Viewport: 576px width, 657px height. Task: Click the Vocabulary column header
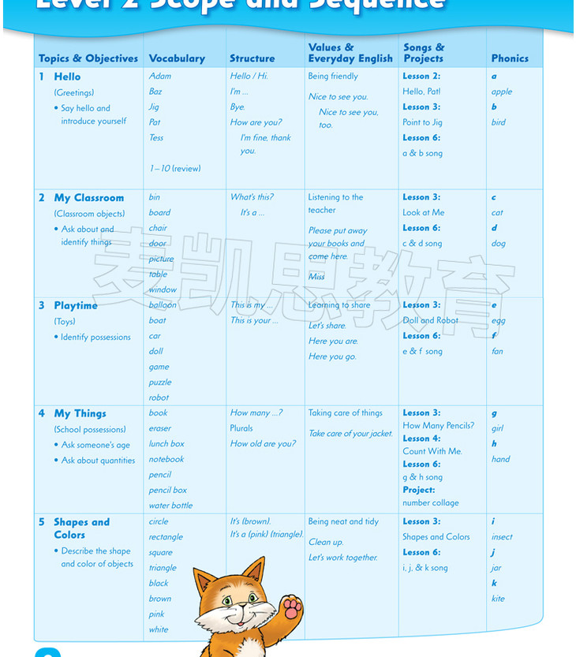177,58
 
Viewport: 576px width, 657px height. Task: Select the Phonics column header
510,58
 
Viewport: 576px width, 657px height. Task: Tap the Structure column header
252,58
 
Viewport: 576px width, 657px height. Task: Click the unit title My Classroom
88,198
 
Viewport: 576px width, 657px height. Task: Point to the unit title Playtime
76,305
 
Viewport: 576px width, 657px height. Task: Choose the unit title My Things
80,413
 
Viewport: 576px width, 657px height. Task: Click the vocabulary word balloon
163,305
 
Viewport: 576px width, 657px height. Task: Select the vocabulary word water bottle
170,506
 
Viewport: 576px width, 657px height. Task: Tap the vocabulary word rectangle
166,537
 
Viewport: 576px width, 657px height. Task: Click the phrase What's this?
252,197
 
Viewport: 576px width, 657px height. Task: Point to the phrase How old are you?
263,444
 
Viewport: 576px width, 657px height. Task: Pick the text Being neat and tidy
343,521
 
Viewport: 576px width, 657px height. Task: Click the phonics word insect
502,537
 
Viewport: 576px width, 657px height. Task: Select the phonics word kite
498,599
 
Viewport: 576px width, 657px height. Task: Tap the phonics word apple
502,91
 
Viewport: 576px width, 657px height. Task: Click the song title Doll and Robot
430,320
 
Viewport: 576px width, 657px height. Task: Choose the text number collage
430,502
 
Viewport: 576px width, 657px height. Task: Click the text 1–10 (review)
174,168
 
